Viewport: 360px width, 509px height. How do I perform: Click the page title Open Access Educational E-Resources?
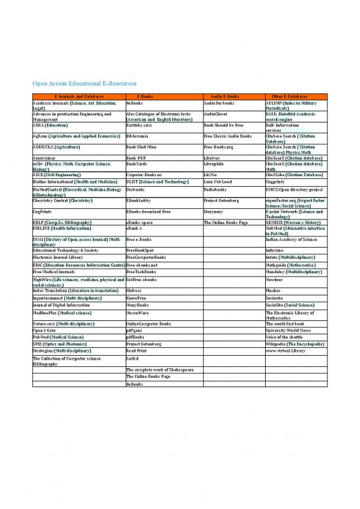(x=81, y=85)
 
